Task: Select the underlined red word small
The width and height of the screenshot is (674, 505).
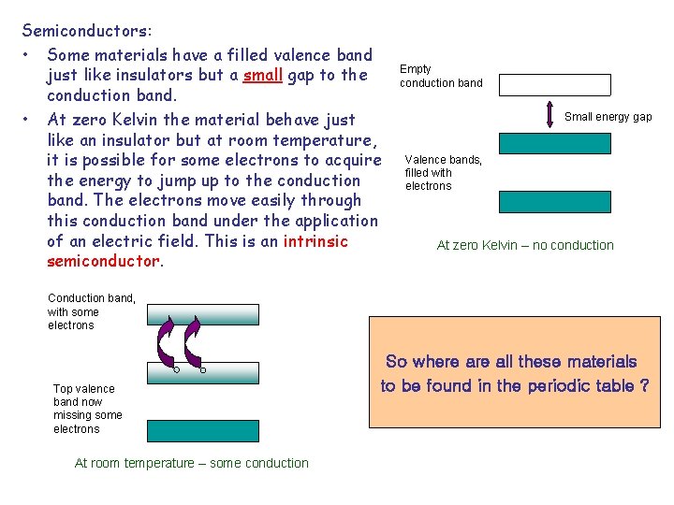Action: (x=263, y=76)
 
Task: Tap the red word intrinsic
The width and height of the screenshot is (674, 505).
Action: (x=315, y=241)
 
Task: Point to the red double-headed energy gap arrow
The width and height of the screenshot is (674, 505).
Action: (x=551, y=116)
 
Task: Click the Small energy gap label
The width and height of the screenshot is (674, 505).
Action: (x=608, y=117)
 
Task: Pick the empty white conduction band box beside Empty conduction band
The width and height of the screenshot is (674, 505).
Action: (x=554, y=85)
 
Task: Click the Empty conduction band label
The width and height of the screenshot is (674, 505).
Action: (x=441, y=76)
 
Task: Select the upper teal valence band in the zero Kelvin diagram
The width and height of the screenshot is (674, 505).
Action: (x=554, y=143)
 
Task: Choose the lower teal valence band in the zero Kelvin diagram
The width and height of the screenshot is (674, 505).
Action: (x=554, y=202)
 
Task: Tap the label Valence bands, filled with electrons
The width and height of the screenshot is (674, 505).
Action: (x=443, y=173)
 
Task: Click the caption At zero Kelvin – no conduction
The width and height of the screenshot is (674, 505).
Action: (x=525, y=245)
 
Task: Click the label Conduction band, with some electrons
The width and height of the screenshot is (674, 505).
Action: (x=91, y=311)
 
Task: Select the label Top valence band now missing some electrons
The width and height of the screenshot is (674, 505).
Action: (x=87, y=409)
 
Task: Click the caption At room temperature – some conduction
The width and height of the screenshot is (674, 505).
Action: (x=191, y=463)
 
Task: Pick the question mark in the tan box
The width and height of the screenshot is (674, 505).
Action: (x=644, y=385)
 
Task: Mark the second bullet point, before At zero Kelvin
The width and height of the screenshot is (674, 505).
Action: (x=28, y=119)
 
